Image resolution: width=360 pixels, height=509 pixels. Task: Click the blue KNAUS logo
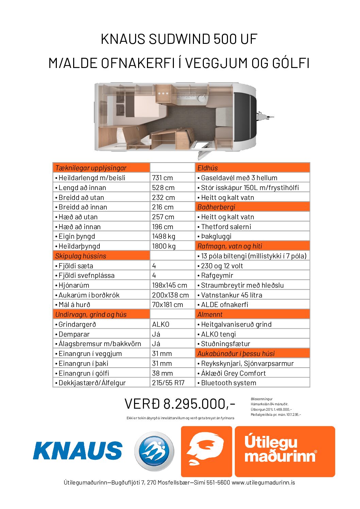coord(78,451)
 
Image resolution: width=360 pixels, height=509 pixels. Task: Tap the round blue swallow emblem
coord(154,451)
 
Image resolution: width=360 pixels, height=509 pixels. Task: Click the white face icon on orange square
coord(206,451)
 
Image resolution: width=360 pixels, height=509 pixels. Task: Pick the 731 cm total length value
coord(162,178)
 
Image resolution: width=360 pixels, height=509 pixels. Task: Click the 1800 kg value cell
coord(164,246)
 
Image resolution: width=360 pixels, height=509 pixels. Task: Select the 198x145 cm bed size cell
coord(169,285)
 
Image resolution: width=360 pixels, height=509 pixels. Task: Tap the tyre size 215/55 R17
coord(168,383)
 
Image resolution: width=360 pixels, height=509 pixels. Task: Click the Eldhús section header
coord(208,168)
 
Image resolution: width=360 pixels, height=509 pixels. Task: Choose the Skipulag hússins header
coord(81,256)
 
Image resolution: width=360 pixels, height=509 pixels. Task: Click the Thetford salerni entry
coord(226,227)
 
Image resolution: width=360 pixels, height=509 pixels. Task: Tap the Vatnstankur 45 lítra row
coord(231,295)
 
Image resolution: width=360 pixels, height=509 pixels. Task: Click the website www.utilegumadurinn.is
coord(263,482)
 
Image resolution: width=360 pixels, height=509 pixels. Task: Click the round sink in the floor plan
coord(202,98)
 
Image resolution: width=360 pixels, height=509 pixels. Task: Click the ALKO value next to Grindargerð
coord(161,324)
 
